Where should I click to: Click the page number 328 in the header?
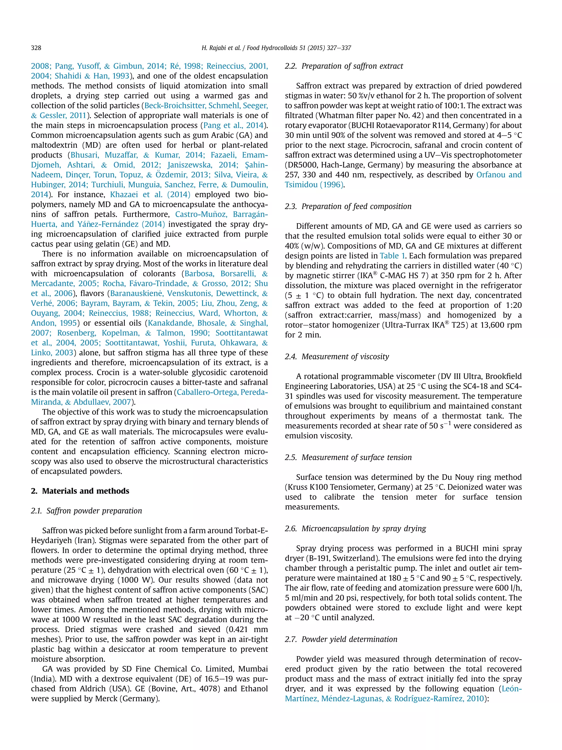(x=36, y=48)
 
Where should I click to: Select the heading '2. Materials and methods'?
(x=80, y=491)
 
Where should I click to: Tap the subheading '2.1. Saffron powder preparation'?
(x=86, y=511)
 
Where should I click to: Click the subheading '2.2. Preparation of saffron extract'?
(x=344, y=66)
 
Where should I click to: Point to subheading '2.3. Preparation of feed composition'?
(x=348, y=206)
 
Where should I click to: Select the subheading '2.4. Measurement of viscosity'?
(x=337, y=356)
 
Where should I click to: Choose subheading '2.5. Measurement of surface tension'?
(x=348, y=457)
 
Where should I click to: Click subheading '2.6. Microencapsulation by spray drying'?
(x=355, y=528)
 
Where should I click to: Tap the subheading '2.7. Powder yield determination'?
(x=341, y=639)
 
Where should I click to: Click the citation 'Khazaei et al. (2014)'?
(x=150, y=195)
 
